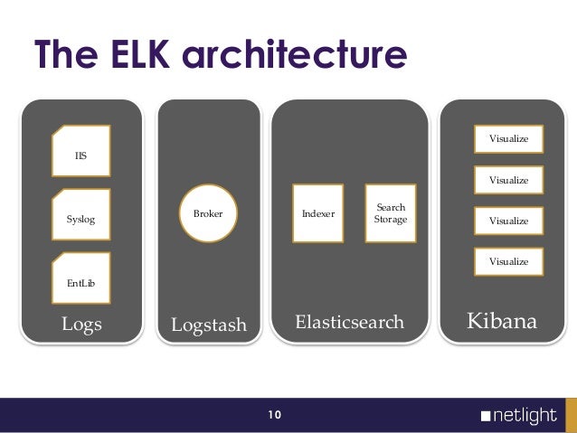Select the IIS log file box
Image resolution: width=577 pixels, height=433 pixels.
[81, 151]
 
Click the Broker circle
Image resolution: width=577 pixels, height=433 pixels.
[208, 214]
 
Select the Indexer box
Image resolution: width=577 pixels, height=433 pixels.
[317, 213]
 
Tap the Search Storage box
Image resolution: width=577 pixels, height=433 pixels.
[391, 213]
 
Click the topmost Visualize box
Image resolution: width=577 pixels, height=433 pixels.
[508, 139]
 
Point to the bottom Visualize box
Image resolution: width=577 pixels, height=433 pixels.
[508, 261]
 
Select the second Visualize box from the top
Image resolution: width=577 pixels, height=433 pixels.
[508, 180]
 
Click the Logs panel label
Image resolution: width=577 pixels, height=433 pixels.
[81, 324]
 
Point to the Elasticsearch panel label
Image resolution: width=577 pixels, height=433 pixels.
[350, 322]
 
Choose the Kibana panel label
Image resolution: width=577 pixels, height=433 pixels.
[501, 321]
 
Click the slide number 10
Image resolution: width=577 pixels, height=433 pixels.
[274, 416]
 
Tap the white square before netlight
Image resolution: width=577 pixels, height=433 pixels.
[487, 418]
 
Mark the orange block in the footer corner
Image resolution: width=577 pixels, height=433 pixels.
[571, 416]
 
